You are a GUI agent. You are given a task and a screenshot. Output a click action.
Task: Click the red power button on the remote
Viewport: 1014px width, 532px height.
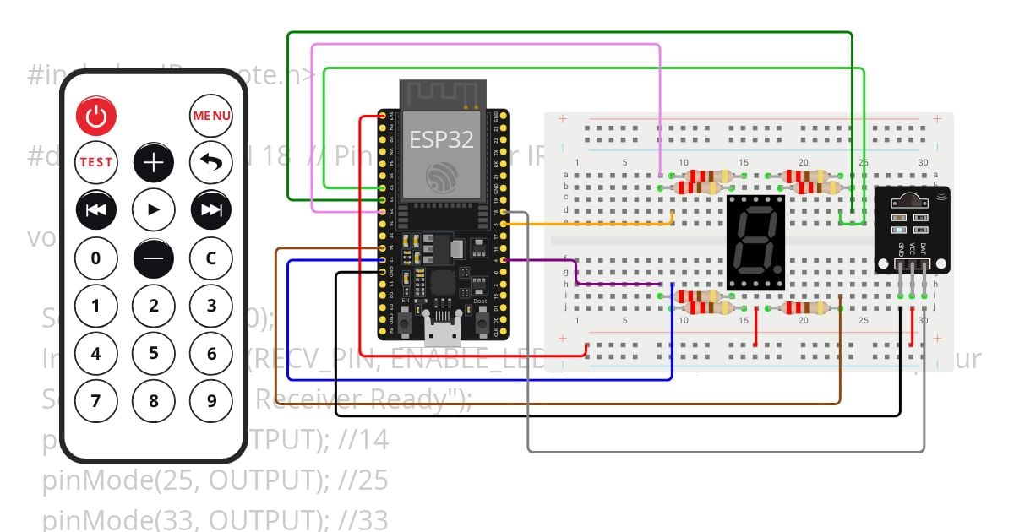pyautogui.click(x=95, y=117)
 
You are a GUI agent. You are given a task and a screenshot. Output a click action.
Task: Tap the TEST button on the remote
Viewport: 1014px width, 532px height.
pyautogui.click(x=95, y=163)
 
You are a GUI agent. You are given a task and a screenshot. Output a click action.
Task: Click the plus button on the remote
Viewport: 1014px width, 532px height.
pyautogui.click(x=154, y=163)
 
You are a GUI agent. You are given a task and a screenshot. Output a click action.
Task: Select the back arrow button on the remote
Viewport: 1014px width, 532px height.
pyautogui.click(x=211, y=163)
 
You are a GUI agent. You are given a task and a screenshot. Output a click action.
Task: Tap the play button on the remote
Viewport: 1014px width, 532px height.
pyautogui.click(x=154, y=209)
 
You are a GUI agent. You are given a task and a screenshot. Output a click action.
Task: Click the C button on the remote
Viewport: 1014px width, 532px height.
pyautogui.click(x=211, y=258)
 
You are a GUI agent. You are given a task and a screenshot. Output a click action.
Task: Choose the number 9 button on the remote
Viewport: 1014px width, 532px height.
pyautogui.click(x=211, y=400)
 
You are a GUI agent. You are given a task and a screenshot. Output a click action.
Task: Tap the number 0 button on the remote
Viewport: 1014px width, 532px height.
pyautogui.click(x=95, y=258)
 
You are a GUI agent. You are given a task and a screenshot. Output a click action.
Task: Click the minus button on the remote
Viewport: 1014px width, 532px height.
pyautogui.click(x=154, y=258)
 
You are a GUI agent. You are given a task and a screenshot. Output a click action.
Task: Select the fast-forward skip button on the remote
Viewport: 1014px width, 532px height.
pyautogui.click(x=211, y=209)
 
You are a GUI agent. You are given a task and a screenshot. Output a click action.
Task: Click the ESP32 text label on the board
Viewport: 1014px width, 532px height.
pyautogui.click(x=441, y=139)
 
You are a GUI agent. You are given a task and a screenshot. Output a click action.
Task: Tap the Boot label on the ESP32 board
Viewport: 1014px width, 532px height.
pyautogui.click(x=480, y=301)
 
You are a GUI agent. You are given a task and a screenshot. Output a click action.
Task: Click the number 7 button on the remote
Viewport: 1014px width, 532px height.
pyautogui.click(x=95, y=400)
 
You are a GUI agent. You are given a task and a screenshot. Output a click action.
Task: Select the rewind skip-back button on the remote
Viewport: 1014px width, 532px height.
pyautogui.click(x=95, y=209)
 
